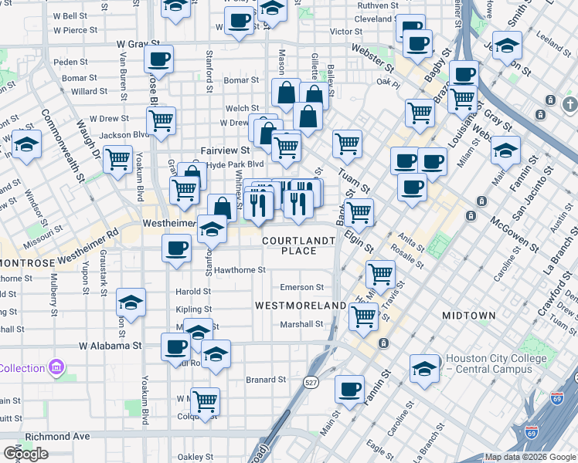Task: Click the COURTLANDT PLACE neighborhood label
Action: (x=299, y=245)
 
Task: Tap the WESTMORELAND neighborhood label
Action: (x=301, y=306)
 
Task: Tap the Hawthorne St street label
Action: (x=240, y=270)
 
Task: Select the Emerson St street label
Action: (x=301, y=287)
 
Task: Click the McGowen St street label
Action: (x=513, y=233)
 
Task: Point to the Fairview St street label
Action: (x=225, y=150)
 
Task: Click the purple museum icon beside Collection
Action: (x=56, y=368)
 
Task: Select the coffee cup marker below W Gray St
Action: (x=158, y=59)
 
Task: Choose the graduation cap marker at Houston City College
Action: (x=424, y=369)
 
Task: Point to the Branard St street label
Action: (x=266, y=380)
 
